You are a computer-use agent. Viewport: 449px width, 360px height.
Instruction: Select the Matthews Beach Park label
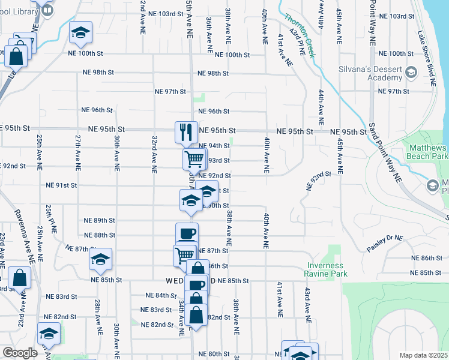coord(428,151)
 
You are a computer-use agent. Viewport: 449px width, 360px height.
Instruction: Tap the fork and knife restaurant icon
coord(186,132)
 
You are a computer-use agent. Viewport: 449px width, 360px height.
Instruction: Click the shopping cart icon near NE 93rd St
coord(194,159)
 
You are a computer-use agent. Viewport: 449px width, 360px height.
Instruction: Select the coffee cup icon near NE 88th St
coord(187,233)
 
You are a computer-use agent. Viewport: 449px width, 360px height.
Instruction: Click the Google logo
coord(20,353)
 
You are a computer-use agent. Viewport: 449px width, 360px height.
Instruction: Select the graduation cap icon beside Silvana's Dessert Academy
coord(411,73)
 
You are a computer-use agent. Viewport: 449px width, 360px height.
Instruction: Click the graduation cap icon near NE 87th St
coord(100,258)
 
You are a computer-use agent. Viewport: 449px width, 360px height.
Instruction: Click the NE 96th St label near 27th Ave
coord(97,110)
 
